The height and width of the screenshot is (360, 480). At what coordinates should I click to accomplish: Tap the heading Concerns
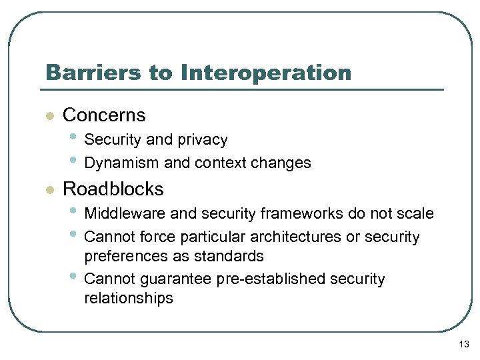point(103,115)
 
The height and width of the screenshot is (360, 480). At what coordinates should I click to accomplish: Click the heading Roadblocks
point(113,189)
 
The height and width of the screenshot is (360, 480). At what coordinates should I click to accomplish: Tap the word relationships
point(128,299)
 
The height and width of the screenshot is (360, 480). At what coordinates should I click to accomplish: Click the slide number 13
point(464,344)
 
